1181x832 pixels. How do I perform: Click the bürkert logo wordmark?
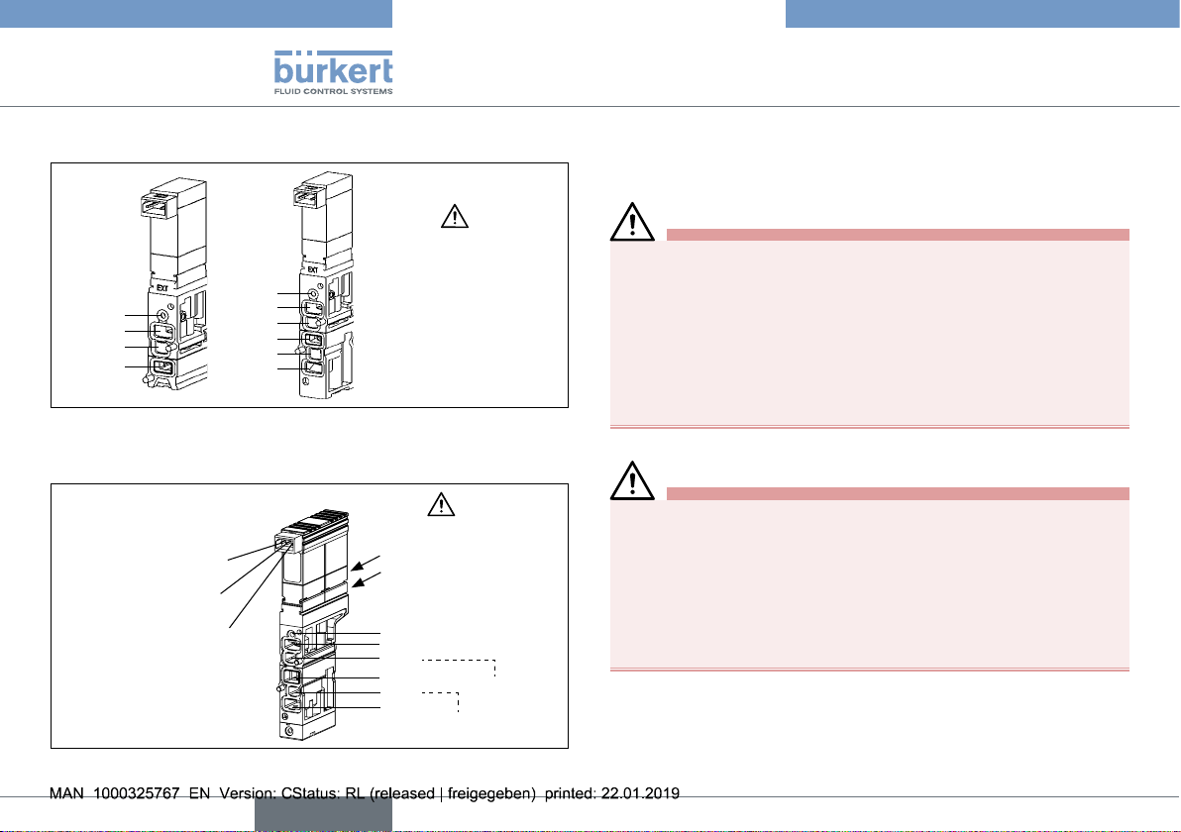point(333,67)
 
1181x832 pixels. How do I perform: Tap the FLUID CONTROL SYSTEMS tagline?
point(333,91)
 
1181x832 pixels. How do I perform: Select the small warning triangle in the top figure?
point(455,216)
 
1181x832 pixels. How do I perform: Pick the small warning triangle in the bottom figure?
point(441,504)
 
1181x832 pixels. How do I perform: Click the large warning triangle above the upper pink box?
point(633,222)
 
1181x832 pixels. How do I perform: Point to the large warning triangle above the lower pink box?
point(633,481)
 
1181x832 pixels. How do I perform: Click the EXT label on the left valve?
point(161,287)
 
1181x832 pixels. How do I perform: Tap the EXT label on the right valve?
point(312,269)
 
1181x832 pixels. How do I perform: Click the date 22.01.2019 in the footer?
point(640,793)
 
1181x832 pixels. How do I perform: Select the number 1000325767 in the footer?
point(137,793)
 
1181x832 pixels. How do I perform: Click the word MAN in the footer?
point(66,793)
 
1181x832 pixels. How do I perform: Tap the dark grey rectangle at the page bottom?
point(323,814)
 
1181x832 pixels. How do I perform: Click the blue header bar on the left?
point(196,14)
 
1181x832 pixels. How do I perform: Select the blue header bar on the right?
point(982,14)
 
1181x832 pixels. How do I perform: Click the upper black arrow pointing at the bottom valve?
point(366,564)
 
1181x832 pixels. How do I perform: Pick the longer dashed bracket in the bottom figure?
point(459,668)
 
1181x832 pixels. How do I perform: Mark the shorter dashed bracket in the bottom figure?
point(441,701)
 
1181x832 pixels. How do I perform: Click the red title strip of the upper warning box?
point(898,235)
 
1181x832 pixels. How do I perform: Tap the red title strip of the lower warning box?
point(898,494)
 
